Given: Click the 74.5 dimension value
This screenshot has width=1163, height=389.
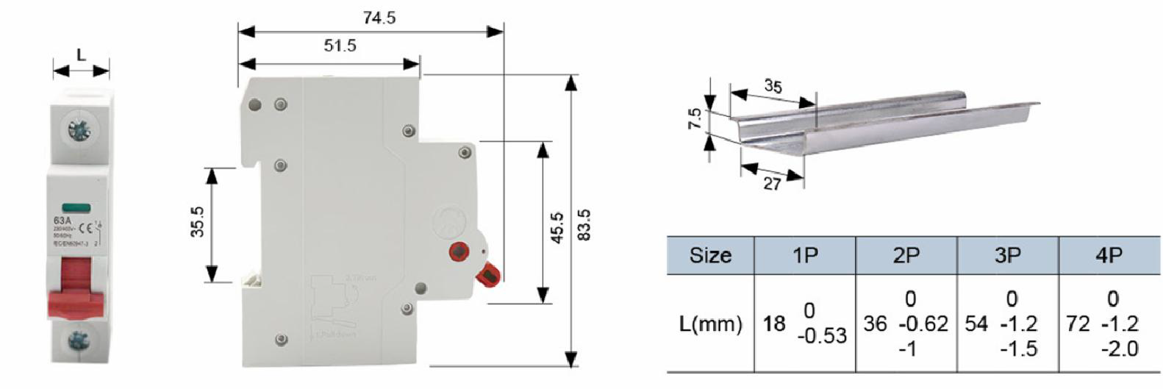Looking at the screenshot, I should (x=379, y=17).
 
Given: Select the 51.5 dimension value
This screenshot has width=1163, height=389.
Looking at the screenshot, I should (x=340, y=46).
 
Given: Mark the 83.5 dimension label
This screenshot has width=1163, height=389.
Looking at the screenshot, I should (x=585, y=228).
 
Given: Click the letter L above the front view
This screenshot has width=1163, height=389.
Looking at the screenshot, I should (x=82, y=55).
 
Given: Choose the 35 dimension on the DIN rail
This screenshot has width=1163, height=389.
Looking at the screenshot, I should (x=773, y=85).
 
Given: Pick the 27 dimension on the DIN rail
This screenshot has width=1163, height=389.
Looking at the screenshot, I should (x=771, y=184).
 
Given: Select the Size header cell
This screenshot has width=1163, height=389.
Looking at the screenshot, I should (x=710, y=255).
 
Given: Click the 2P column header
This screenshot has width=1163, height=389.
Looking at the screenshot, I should (x=906, y=255).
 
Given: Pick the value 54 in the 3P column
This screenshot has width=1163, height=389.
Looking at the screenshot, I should (x=976, y=324).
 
